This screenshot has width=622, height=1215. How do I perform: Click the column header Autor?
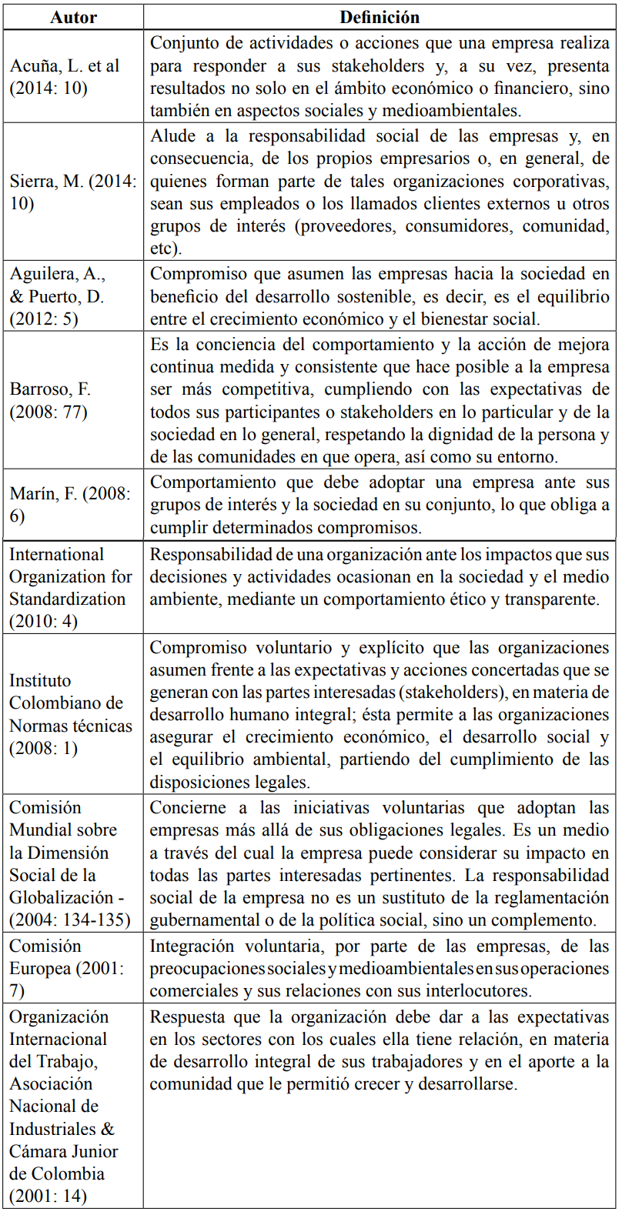click(73, 17)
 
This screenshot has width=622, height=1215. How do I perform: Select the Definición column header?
click(380, 17)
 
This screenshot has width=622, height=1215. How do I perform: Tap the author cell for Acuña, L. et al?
click(65, 77)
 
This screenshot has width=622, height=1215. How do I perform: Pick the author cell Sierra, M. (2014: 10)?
click(72, 192)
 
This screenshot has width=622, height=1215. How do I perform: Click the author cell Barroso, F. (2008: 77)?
click(50, 400)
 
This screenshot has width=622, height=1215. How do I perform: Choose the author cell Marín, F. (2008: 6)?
click(70, 505)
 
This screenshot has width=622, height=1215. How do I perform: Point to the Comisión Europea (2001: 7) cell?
click(66, 968)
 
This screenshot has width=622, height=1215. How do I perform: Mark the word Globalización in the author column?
click(62, 898)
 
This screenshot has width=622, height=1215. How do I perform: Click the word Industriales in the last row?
click(53, 1129)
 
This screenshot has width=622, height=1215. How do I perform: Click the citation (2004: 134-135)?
click(70, 920)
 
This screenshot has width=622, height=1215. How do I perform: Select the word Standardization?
click(67, 599)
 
